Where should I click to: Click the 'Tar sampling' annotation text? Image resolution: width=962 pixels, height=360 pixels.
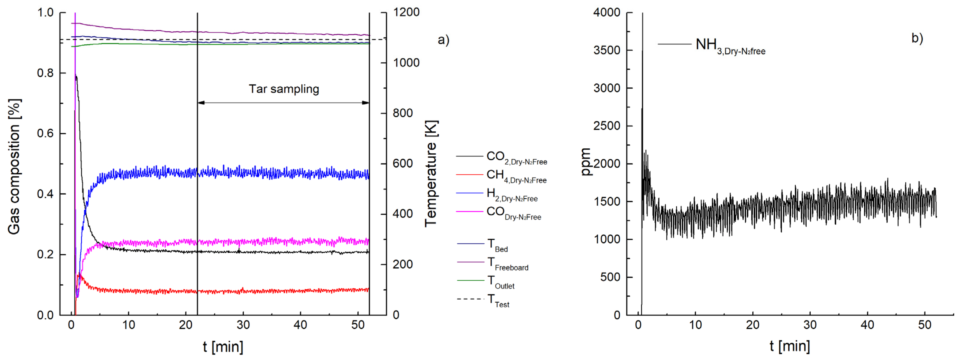click(x=284, y=89)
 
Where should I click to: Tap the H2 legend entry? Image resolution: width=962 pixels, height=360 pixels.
click(x=512, y=194)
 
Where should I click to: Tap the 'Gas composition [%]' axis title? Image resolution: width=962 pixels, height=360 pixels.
click(x=14, y=167)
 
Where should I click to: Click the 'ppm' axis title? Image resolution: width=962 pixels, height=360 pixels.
click(x=585, y=162)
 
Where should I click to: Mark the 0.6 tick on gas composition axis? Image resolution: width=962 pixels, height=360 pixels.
click(x=45, y=133)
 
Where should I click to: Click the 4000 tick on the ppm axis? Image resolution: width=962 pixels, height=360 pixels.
click(x=607, y=12)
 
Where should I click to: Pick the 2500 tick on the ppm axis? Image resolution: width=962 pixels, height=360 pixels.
click(x=607, y=126)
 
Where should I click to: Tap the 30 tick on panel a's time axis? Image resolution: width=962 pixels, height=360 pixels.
click(x=243, y=325)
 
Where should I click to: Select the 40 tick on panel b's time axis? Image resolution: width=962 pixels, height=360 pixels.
click(x=867, y=325)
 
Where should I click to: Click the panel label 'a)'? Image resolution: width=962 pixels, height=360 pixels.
click(x=443, y=40)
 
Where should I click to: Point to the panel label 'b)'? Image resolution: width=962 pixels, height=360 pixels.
click(x=917, y=38)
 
